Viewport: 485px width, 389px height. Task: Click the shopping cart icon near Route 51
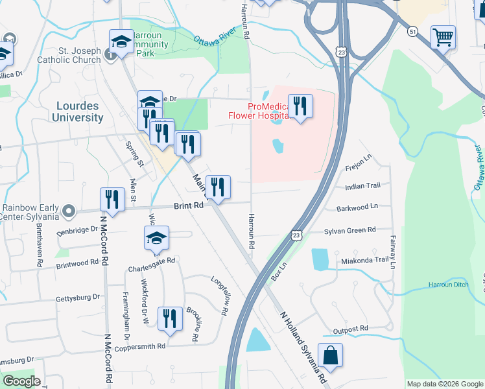click(443, 38)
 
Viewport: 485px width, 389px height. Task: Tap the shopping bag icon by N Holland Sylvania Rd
click(330, 356)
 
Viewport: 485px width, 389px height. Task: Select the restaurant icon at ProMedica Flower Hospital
click(300, 106)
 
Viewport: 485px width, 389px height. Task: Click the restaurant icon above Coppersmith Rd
click(170, 319)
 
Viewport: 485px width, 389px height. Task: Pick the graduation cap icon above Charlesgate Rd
click(156, 238)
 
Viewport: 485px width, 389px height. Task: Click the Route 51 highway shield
click(412, 31)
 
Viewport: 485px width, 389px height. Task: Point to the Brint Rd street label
click(189, 206)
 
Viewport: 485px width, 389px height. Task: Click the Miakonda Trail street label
click(365, 260)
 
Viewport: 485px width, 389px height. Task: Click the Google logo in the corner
click(21, 381)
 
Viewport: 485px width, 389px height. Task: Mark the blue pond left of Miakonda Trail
click(320, 259)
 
